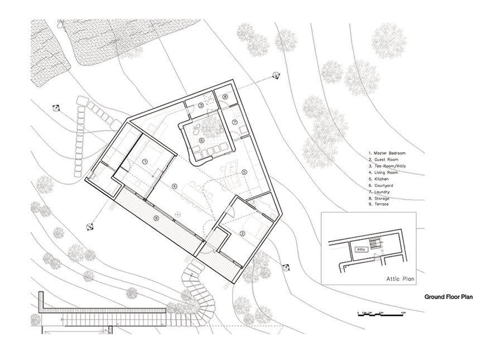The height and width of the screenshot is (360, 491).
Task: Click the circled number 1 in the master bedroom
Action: pyautogui.click(x=145, y=161)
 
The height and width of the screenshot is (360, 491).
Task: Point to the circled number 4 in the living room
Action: pyautogui.click(x=174, y=185)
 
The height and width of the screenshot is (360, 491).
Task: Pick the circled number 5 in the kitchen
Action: pyautogui.click(x=244, y=172)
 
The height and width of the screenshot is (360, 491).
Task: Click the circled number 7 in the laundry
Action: pyautogui.click(x=235, y=122)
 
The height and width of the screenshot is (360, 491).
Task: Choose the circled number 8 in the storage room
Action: pyautogui.click(x=225, y=97)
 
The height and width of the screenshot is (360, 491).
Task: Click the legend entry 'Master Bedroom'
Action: pyautogui.click(x=387, y=152)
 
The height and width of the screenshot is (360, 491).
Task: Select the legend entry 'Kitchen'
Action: pyautogui.click(x=382, y=179)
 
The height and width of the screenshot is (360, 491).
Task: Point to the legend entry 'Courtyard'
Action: pyautogui.click(x=383, y=185)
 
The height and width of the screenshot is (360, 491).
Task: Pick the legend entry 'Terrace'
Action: pyautogui.click(x=381, y=204)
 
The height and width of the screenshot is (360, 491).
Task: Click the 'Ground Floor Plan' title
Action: pyautogui.click(x=449, y=297)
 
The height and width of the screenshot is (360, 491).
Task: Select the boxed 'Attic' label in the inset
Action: pyautogui.click(x=360, y=249)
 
